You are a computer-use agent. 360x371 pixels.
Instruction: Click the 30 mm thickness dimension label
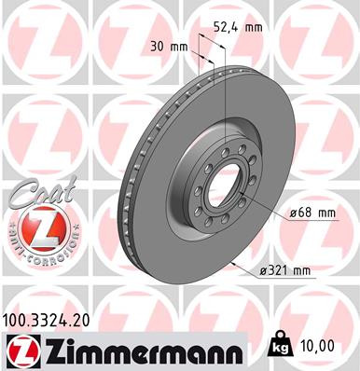(168, 45)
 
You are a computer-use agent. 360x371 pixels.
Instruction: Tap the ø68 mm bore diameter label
(312, 213)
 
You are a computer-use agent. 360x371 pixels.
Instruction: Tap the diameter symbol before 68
(294, 213)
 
